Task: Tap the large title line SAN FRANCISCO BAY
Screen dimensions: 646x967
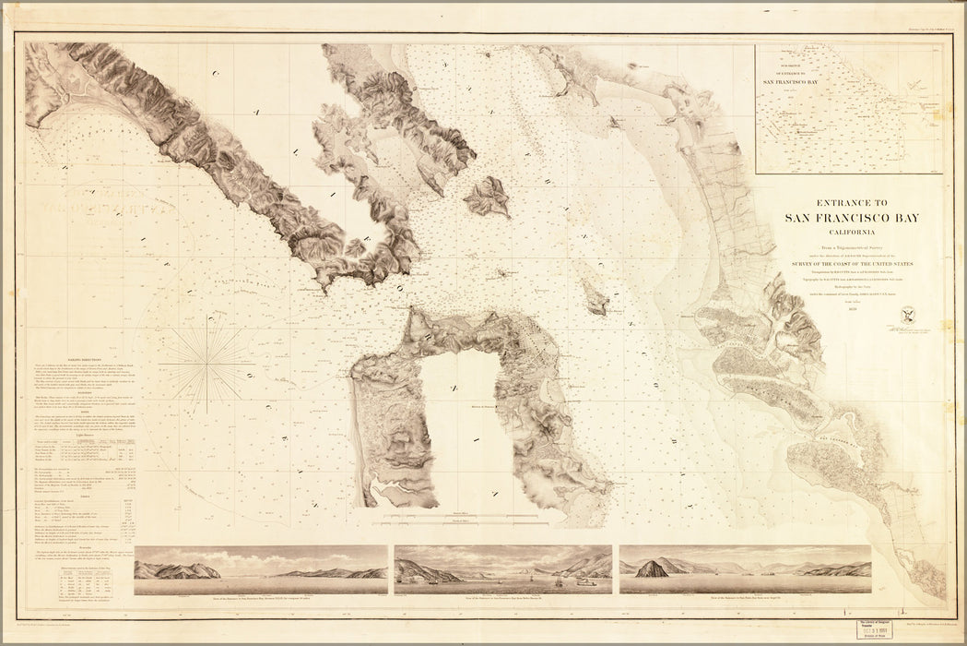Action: point(851,218)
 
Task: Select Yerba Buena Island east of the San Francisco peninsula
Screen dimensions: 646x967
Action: point(594,298)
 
